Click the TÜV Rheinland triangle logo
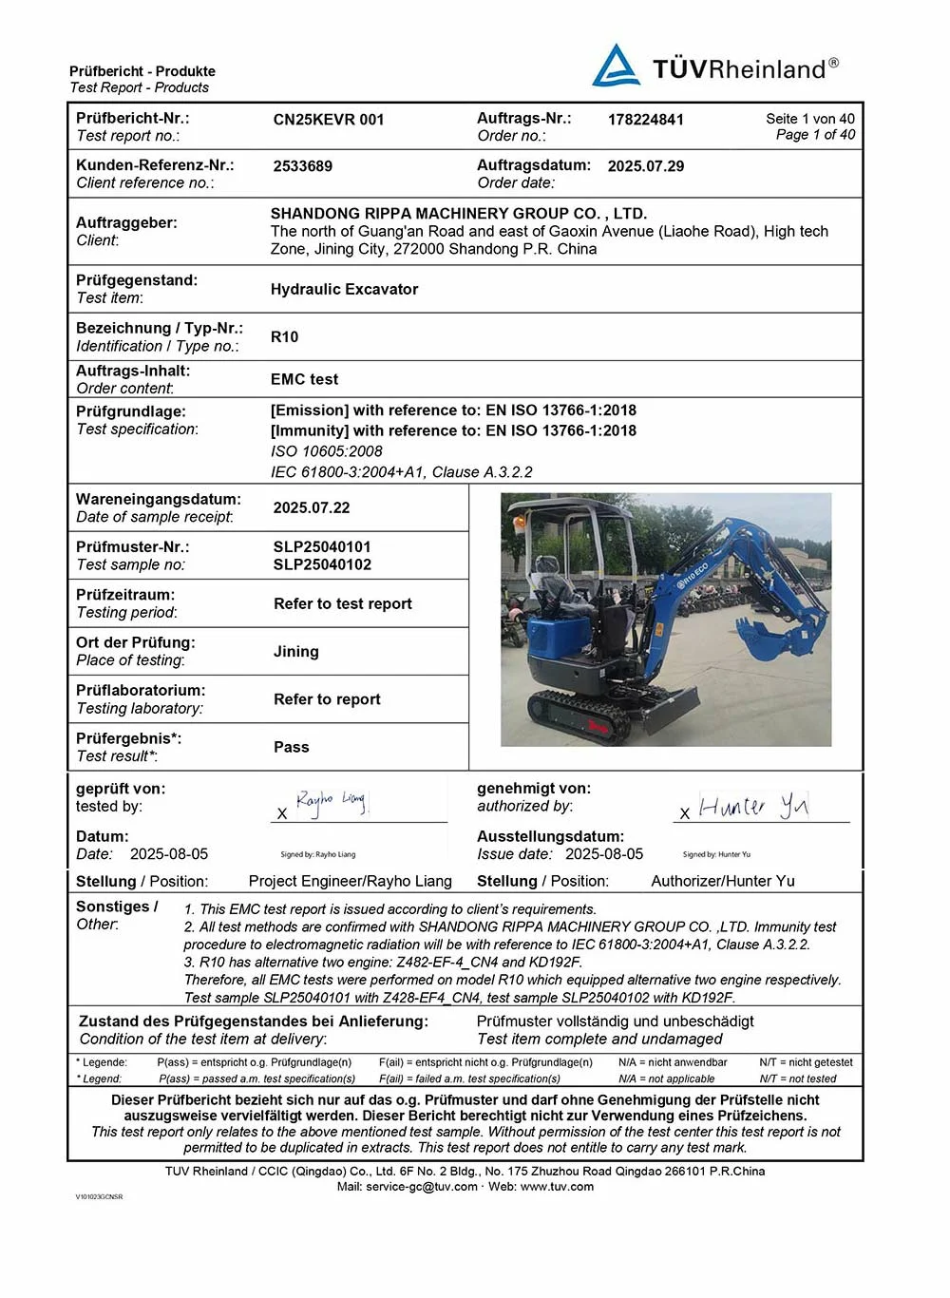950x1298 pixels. (616, 67)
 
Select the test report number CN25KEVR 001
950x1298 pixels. (329, 120)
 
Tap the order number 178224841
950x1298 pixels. (645, 120)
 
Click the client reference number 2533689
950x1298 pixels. (303, 166)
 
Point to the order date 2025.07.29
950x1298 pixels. (645, 166)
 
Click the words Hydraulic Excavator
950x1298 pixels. (344, 290)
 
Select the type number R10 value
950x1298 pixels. (284, 337)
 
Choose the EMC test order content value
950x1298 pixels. (304, 379)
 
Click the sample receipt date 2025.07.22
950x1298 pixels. (312, 508)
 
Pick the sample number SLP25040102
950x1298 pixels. (322, 564)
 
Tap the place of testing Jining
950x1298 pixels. (296, 652)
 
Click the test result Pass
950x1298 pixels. (292, 747)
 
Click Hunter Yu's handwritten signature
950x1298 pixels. (753, 807)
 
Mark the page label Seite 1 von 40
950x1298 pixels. (810, 119)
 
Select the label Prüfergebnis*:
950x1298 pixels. (128, 738)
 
